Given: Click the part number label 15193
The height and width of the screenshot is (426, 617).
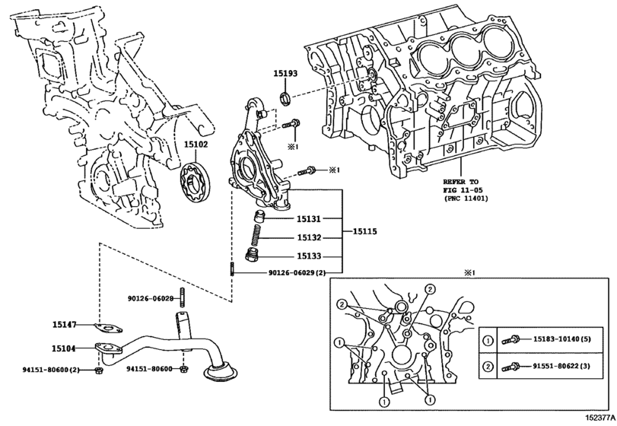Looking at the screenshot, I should [x=287, y=74].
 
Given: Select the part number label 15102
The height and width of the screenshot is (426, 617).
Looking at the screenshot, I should [x=196, y=144].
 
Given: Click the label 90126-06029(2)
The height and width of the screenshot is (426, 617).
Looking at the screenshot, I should [x=297, y=272].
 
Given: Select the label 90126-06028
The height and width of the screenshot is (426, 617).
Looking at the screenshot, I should [x=151, y=298].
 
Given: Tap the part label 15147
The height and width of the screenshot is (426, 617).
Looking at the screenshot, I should [x=64, y=325].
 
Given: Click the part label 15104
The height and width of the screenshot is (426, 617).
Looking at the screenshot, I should [x=64, y=348].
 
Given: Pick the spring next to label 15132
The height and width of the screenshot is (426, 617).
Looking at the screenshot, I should [x=256, y=237].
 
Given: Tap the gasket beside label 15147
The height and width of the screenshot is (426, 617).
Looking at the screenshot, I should [x=111, y=329].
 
